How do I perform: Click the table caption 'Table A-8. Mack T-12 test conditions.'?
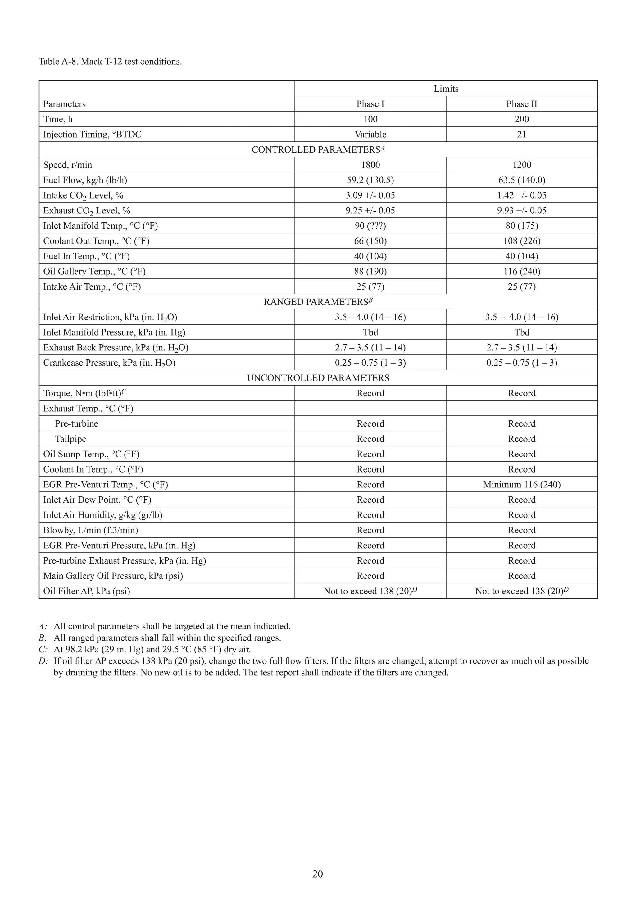point(110,62)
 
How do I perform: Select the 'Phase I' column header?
point(370,104)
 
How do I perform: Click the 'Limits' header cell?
point(446,89)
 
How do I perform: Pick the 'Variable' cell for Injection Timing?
point(370,135)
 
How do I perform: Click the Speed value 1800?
point(370,165)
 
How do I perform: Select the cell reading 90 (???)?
point(370,226)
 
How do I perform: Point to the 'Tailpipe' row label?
point(70,439)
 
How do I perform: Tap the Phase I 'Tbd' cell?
point(370,332)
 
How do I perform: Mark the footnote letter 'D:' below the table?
point(43,661)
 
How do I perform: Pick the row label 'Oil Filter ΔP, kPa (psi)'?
point(86,591)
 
